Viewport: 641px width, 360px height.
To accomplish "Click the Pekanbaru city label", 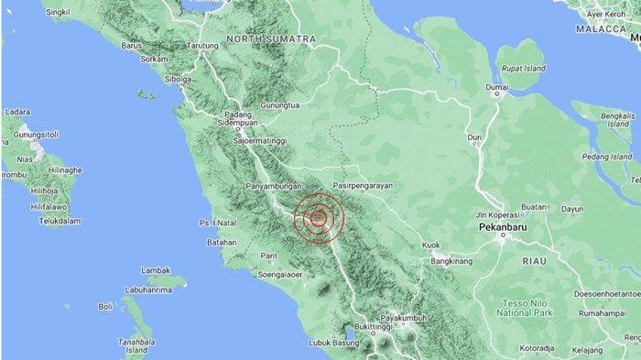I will [x=502, y=224].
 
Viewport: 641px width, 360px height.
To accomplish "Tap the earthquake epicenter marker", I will [x=318, y=218].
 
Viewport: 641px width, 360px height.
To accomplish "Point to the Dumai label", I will [x=496, y=88].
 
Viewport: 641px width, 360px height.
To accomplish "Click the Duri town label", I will [x=474, y=137].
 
